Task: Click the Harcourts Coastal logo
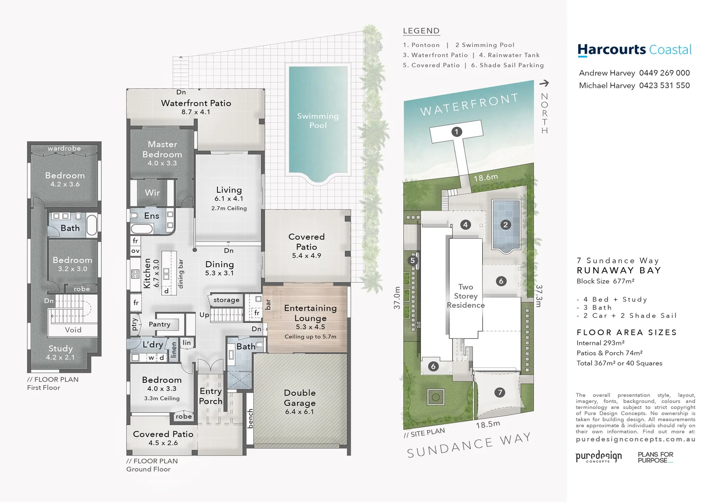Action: click(x=634, y=50)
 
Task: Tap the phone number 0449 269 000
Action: click(x=664, y=73)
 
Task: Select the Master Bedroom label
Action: click(x=162, y=149)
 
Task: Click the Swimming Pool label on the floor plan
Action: click(x=318, y=120)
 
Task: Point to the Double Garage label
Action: click(x=300, y=398)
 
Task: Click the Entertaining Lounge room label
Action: click(x=310, y=313)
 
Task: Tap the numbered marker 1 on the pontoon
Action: click(x=456, y=132)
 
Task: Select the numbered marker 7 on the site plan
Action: click(x=500, y=392)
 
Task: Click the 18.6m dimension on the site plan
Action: click(x=486, y=178)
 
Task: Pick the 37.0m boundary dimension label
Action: click(x=397, y=298)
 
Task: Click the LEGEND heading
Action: click(x=421, y=31)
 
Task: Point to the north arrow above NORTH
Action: click(x=544, y=83)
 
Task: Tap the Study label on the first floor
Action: click(x=60, y=349)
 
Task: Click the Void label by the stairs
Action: click(x=73, y=330)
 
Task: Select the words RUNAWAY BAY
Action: click(x=618, y=271)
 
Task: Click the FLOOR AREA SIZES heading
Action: click(x=626, y=332)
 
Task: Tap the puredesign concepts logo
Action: click(x=598, y=456)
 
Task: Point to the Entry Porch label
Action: click(x=210, y=396)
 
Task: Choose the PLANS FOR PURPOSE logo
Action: click(x=655, y=457)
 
